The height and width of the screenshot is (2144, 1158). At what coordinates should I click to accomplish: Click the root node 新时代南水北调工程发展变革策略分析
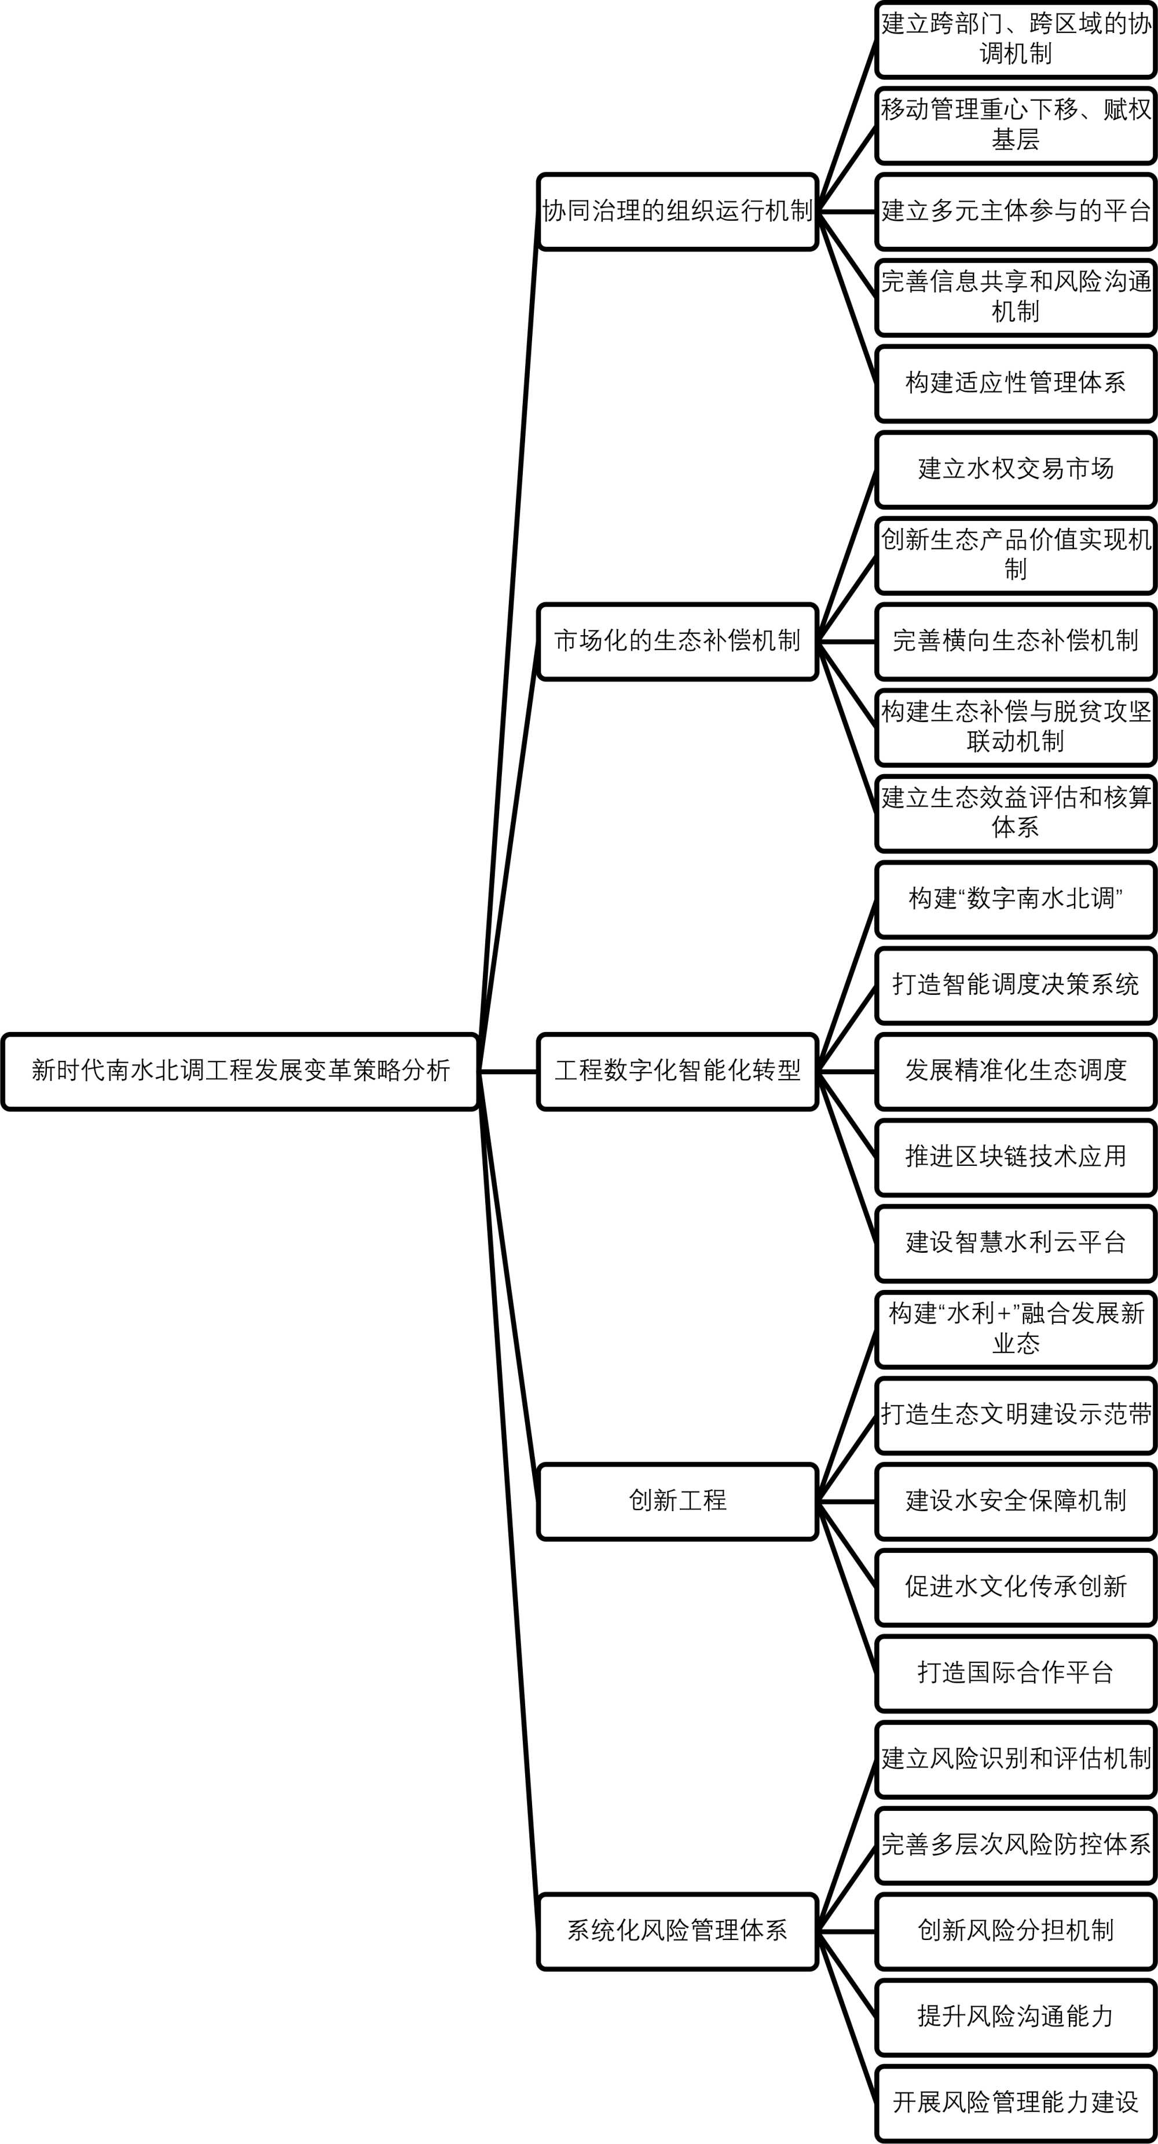(x=240, y=1071)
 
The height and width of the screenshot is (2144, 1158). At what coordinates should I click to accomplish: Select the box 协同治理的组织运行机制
(x=677, y=212)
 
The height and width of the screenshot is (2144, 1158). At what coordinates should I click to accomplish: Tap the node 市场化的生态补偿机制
(x=677, y=641)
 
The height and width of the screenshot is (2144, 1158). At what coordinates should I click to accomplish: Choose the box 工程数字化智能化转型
(x=677, y=1071)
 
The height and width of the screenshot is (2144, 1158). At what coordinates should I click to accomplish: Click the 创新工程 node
(x=677, y=1501)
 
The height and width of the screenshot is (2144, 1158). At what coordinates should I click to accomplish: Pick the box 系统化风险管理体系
(x=677, y=1931)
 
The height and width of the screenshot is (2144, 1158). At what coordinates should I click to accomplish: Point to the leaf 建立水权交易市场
(x=1015, y=469)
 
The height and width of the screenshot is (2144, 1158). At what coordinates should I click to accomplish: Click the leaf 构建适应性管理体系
(x=1015, y=384)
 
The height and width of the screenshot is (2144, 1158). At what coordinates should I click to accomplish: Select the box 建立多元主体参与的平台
(x=1015, y=212)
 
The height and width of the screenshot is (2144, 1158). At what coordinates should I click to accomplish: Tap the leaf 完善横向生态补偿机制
(x=1015, y=641)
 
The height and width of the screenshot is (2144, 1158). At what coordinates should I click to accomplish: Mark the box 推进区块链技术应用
(x=1015, y=1158)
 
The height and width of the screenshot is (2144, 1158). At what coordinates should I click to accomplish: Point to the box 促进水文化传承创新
(x=1015, y=1587)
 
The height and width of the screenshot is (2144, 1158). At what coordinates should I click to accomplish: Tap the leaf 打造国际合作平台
(x=1015, y=1673)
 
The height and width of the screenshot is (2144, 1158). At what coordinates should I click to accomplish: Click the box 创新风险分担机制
(x=1015, y=1931)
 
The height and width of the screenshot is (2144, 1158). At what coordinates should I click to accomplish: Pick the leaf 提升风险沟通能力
(x=1015, y=2017)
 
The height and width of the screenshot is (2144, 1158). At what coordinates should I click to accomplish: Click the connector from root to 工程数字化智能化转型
(x=508, y=1071)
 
